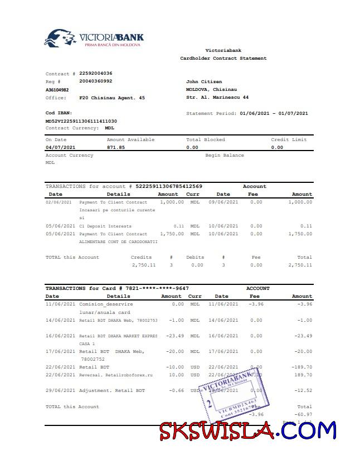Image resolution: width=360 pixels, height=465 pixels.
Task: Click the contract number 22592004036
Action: pyautogui.click(x=96, y=74)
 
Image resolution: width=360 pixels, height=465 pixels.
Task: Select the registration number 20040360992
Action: pyautogui.click(x=96, y=81)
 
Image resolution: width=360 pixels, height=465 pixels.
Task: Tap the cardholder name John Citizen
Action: pyautogui.click(x=204, y=82)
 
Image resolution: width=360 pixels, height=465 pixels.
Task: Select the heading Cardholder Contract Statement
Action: pyautogui.click(x=223, y=59)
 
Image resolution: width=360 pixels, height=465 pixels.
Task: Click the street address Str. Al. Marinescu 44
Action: pyautogui.click(x=217, y=98)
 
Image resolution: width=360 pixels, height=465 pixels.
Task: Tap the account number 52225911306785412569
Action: pyautogui.click(x=169, y=186)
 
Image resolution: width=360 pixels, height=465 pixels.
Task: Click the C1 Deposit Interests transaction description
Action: pyautogui.click(x=106, y=226)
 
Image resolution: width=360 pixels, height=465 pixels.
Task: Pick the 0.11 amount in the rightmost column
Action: pyautogui.click(x=306, y=226)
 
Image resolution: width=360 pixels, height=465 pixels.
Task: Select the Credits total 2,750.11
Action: pyautogui.click(x=144, y=265)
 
